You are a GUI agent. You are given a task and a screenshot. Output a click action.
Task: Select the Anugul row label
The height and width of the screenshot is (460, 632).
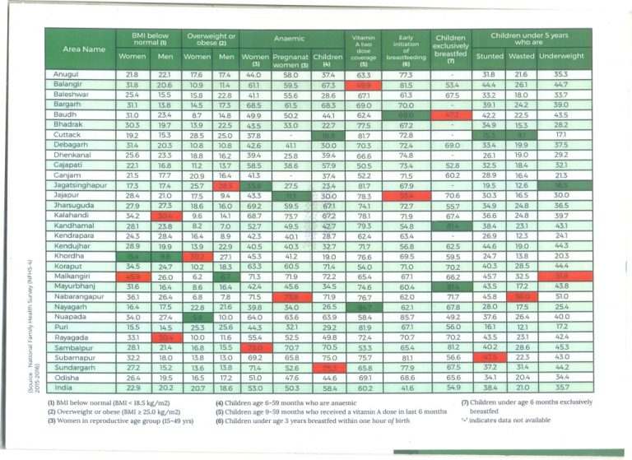pos(58,75)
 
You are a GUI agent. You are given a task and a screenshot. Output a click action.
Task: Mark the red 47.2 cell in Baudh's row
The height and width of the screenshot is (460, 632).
pos(451,115)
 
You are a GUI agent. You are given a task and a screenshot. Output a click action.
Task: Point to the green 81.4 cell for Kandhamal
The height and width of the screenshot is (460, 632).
pos(451,225)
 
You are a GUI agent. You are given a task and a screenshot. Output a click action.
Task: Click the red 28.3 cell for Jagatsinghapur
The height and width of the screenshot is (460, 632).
pos(225,185)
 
